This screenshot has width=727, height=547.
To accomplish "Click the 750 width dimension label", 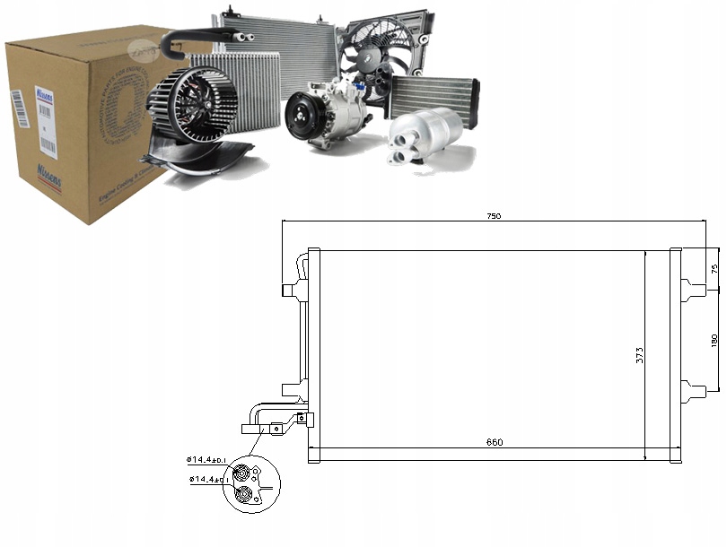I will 493,216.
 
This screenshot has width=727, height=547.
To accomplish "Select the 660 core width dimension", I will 495,442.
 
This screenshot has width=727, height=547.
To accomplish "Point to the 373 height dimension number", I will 639,355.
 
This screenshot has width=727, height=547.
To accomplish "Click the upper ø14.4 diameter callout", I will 209,461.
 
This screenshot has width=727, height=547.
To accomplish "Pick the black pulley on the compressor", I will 304,119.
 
